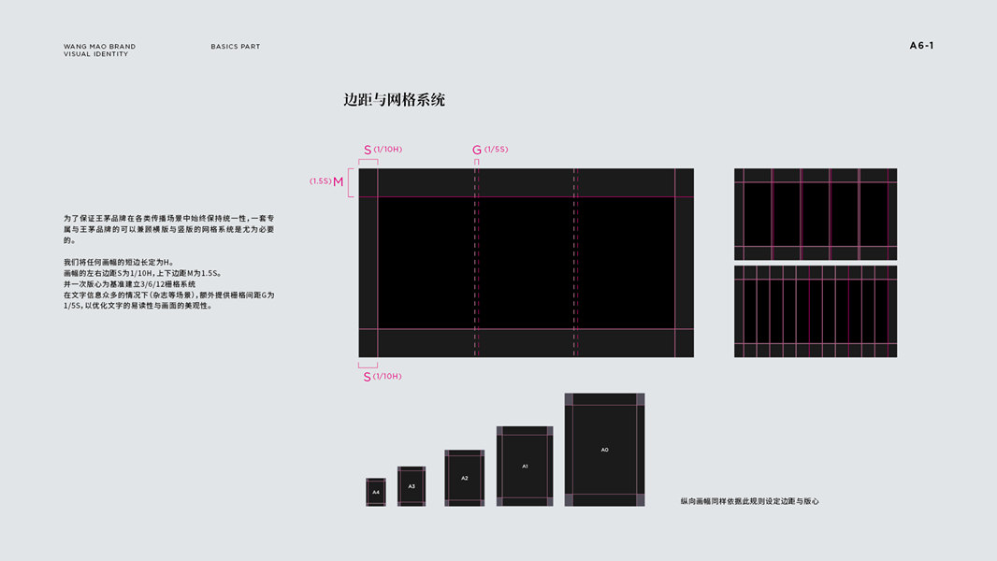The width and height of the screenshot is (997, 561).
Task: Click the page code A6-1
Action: coord(921,46)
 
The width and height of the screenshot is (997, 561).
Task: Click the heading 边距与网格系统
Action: coord(394,100)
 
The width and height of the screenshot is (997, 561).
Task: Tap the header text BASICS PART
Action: coord(236,47)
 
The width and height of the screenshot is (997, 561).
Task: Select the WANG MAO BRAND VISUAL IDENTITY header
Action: coord(99,50)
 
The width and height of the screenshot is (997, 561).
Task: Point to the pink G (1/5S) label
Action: coord(490,150)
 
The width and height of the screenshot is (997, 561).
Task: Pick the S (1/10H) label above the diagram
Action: coord(383,150)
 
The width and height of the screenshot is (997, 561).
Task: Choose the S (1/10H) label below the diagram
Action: coord(383,376)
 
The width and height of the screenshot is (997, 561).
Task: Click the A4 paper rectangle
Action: coord(376,492)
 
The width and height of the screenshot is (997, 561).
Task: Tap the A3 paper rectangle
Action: coord(412,486)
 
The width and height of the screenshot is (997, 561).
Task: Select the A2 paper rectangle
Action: coord(464,478)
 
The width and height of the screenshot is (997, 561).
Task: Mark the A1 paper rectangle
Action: coord(525,466)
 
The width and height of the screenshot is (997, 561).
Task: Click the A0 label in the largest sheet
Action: coord(604,450)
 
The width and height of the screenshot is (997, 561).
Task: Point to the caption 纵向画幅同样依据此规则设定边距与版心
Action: coord(749,501)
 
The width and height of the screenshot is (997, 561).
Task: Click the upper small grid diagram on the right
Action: coord(815,214)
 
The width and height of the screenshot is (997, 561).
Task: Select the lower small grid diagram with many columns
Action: coord(815,311)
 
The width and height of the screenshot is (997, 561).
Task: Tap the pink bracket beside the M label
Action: coord(351,182)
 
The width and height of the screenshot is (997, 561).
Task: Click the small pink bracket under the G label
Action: coord(476,162)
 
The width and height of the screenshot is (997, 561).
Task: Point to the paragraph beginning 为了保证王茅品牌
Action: coord(168,228)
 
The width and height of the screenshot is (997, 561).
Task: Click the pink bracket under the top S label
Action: coord(368,162)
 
